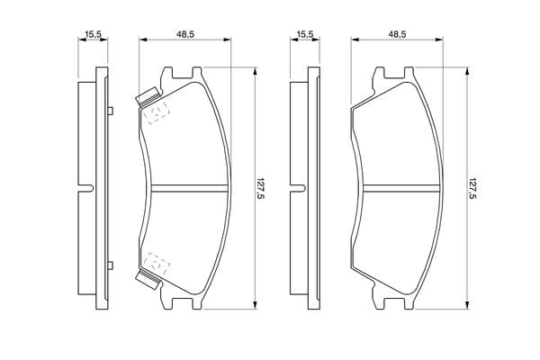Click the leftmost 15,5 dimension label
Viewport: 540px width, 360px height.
(93, 34)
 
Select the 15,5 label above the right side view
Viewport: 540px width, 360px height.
(305, 34)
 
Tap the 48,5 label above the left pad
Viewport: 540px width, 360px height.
(185, 34)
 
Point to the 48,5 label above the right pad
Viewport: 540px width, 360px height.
(398, 34)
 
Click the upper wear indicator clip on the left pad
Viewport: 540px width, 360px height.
(148, 97)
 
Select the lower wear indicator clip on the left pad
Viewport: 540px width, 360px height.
(148, 280)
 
